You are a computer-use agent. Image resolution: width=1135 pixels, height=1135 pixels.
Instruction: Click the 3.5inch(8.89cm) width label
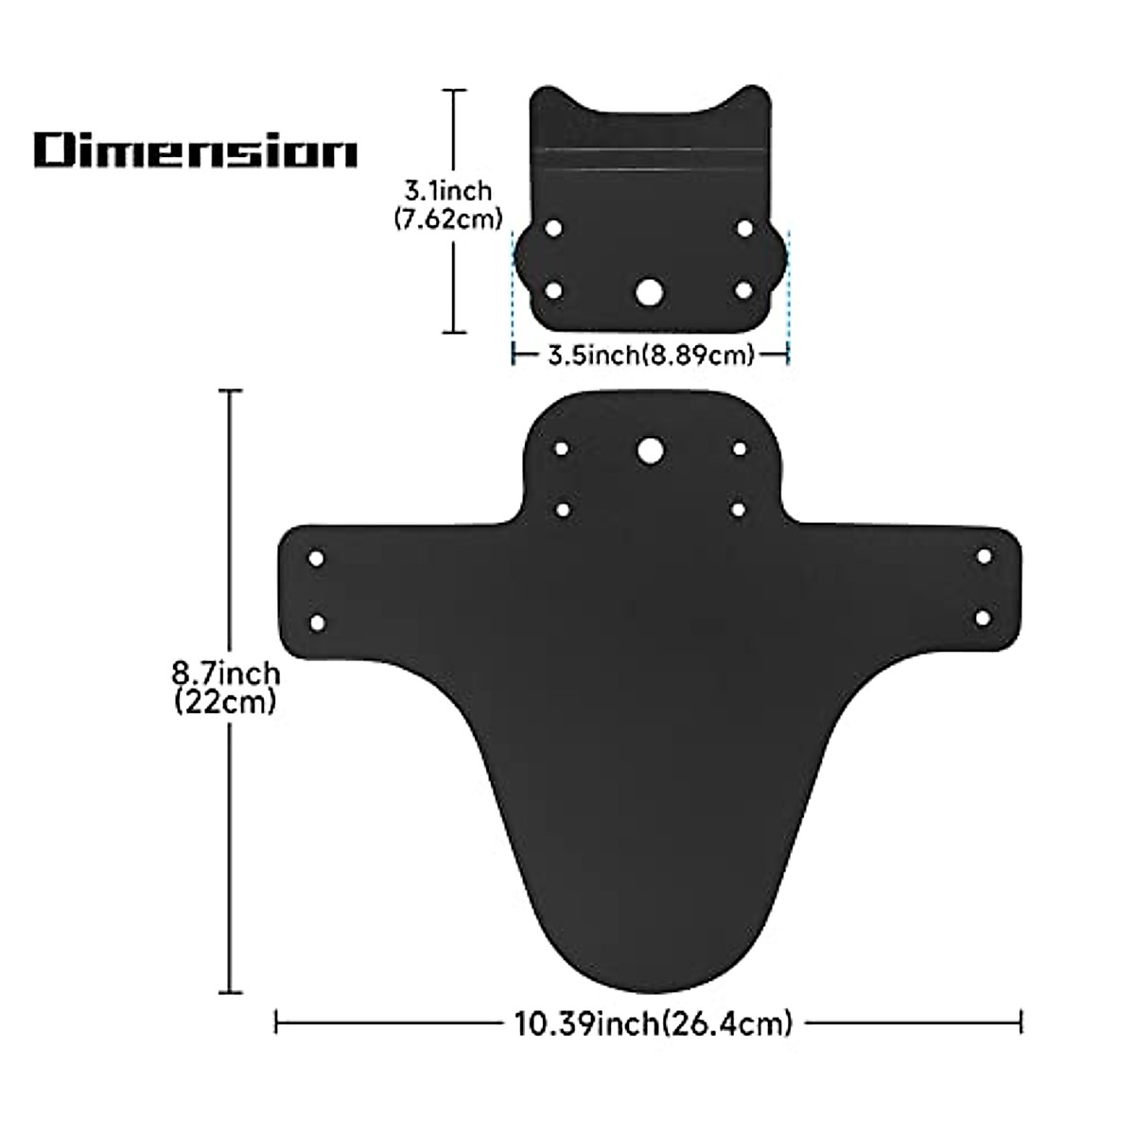(651, 356)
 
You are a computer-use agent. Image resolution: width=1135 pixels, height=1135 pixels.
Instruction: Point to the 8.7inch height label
(225, 674)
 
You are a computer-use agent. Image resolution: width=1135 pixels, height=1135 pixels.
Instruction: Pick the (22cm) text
(225, 703)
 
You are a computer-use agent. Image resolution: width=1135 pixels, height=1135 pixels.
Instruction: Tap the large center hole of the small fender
(649, 291)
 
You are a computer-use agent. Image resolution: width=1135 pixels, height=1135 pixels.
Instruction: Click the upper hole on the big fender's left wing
(317, 559)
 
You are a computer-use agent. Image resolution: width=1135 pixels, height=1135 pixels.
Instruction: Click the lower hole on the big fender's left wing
(317, 623)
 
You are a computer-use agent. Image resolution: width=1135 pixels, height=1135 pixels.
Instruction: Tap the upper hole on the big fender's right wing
(984, 556)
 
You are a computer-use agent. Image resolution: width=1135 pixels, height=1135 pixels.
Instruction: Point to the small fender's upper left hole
(554, 228)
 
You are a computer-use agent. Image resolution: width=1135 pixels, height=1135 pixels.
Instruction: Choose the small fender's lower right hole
(743, 289)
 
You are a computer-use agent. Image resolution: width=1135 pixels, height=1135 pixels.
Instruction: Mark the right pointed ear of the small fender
(754, 94)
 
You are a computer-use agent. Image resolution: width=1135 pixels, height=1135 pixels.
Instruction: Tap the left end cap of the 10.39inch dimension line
(275, 1022)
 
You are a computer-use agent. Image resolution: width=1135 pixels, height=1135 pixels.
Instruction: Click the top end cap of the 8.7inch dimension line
(231, 391)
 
